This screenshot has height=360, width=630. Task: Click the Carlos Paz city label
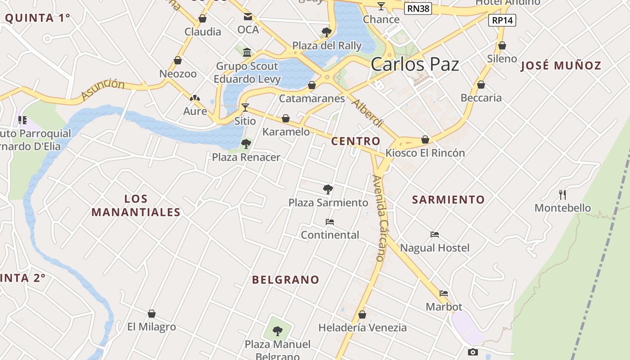pyautogui.click(x=415, y=64)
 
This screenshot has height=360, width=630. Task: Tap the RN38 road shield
pyautogui.click(x=418, y=9)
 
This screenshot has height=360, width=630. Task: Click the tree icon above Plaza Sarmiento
pyautogui.click(x=328, y=189)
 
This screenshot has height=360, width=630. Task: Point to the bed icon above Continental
pyautogui.click(x=330, y=222)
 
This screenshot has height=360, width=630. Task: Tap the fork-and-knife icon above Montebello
pyautogui.click(x=562, y=195)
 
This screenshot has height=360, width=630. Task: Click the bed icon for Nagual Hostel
pyautogui.click(x=435, y=234)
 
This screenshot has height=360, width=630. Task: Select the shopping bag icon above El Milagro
pyautogui.click(x=152, y=314)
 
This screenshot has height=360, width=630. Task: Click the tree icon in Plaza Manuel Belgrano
pyautogui.click(x=278, y=331)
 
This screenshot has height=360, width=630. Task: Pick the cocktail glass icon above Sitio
pyautogui.click(x=245, y=108)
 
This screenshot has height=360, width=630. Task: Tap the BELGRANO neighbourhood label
pyautogui.click(x=286, y=280)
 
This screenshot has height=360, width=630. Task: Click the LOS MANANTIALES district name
pyautogui.click(x=136, y=206)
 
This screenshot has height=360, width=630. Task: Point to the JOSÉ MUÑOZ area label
pyautogui.click(x=561, y=66)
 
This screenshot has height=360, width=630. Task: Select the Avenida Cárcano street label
pyautogui.click(x=380, y=218)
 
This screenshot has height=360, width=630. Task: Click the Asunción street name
pyautogui.click(x=103, y=89)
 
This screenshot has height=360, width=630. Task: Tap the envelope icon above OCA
pyautogui.click(x=248, y=17)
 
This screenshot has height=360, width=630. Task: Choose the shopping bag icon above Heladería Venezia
pyautogui.click(x=362, y=315)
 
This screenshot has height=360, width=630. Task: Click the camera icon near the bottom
pyautogui.click(x=472, y=352)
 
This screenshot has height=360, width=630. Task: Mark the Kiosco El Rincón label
pyautogui.click(x=425, y=153)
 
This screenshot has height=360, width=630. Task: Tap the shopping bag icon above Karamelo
pyautogui.click(x=286, y=119)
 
